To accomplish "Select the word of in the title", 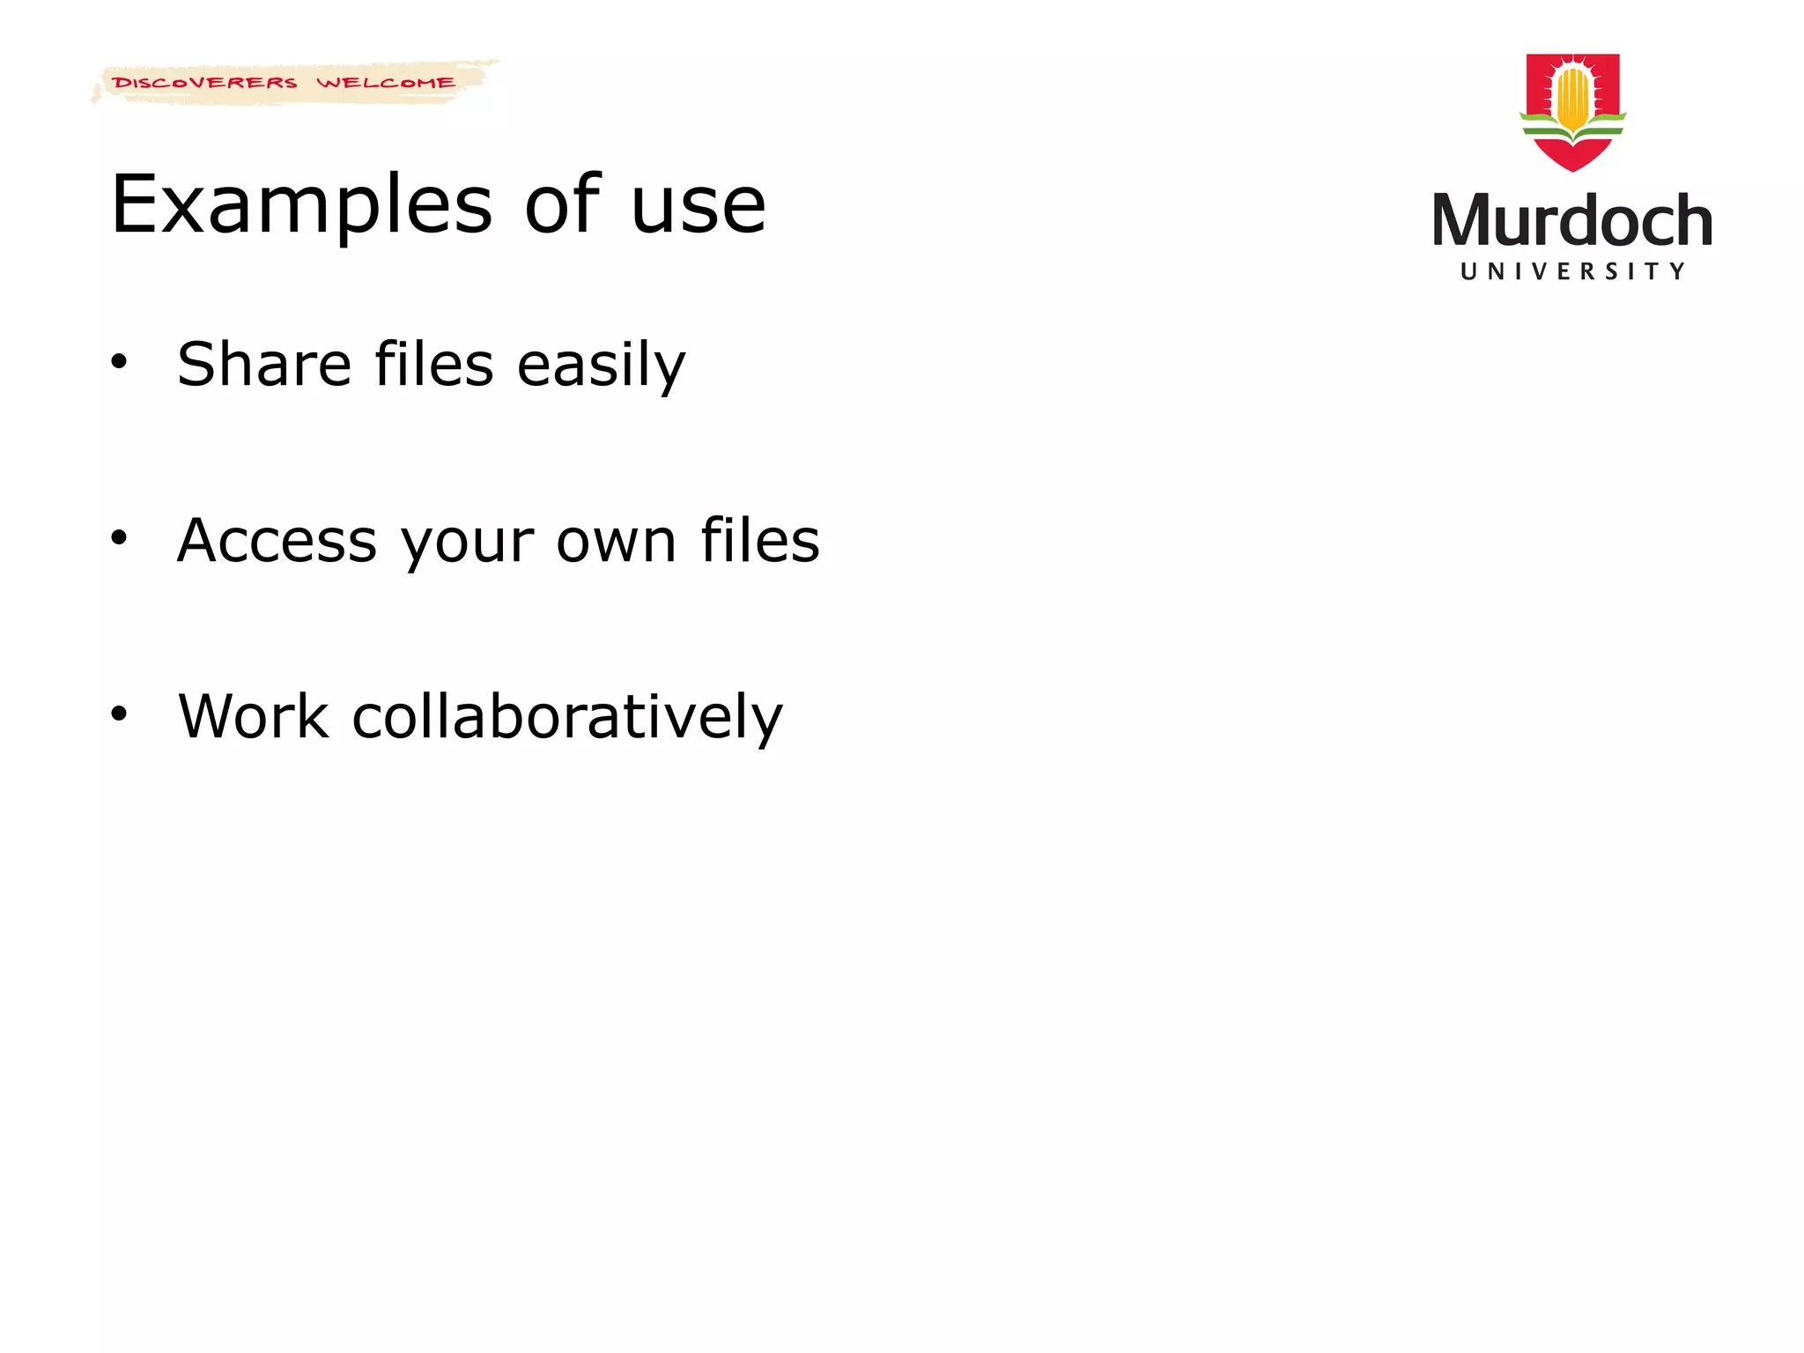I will pos(562,204).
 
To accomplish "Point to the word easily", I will pos(601,366).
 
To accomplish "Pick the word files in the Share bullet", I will pos(434,364).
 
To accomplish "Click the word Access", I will pos(277,540).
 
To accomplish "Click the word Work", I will pos(254,716).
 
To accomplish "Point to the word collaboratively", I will pos(567,717).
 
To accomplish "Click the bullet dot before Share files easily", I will pos(119,361).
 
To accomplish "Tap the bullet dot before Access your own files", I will pos(119,537).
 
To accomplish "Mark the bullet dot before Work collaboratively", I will pos(119,713).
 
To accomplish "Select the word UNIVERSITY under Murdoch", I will pos(1572,271).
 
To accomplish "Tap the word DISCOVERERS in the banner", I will pos(205,83).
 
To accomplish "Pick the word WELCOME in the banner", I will pos(386,83).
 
